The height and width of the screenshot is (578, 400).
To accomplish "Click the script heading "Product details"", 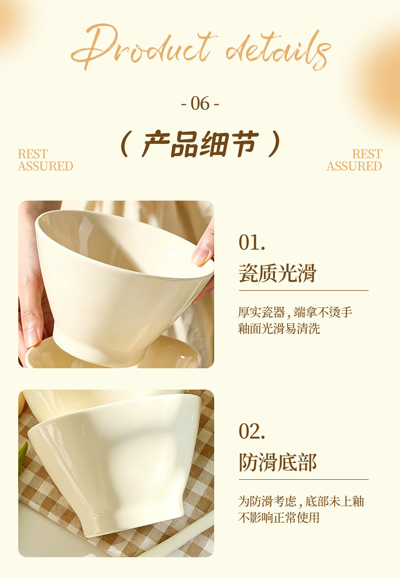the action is click(201, 47).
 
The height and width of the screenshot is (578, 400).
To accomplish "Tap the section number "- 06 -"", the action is click(200, 103).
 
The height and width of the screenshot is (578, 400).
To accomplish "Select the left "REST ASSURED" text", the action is click(45, 160).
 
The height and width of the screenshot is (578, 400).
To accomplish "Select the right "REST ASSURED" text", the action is click(354, 160).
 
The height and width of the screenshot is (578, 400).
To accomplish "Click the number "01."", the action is click(252, 243).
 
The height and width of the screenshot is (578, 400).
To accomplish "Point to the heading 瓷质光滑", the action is click(277, 273).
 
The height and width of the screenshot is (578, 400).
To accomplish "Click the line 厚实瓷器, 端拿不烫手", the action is click(295, 312).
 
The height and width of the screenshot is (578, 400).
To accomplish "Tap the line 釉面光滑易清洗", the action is click(279, 328).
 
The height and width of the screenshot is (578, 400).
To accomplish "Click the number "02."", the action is click(252, 431).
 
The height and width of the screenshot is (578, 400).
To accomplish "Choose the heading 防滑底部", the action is click(277, 463).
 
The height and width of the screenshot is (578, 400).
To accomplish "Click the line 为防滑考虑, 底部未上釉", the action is click(301, 502).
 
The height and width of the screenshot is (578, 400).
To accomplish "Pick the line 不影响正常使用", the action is click(279, 518).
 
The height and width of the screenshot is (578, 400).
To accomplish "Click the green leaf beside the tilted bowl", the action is click(22, 457).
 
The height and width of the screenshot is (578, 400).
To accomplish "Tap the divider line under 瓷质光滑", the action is click(303, 290).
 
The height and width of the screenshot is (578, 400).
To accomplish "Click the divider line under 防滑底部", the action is click(303, 480).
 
